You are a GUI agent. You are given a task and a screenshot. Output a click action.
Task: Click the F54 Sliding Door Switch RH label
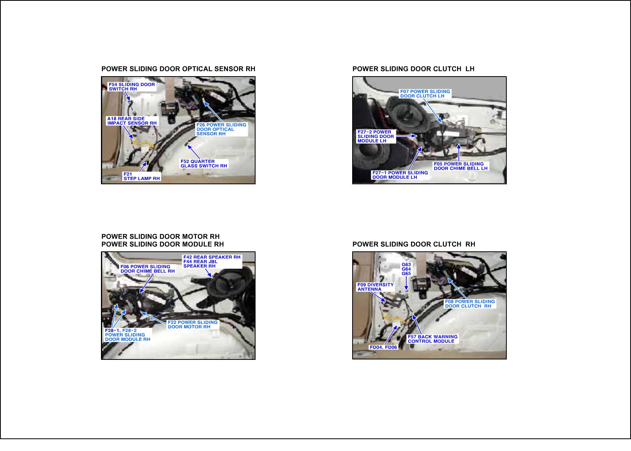(132, 86)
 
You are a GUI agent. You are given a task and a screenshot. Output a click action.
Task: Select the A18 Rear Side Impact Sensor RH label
(132, 121)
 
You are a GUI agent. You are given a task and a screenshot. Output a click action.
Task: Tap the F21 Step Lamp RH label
(142, 176)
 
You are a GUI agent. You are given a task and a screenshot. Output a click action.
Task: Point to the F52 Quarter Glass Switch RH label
(203, 163)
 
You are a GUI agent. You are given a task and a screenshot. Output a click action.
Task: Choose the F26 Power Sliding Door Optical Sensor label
(221, 129)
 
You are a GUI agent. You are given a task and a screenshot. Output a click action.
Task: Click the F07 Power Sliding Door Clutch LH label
(425, 94)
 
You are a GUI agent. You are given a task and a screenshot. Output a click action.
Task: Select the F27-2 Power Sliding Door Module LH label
(376, 137)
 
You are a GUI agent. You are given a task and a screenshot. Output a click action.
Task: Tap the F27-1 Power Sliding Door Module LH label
(400, 175)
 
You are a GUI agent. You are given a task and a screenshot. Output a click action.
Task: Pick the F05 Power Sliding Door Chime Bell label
(461, 166)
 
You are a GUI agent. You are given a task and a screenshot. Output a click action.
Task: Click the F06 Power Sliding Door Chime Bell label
(147, 269)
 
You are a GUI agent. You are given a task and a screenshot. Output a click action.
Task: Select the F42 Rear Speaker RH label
(212, 257)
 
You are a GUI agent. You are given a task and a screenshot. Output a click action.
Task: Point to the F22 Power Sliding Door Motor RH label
(193, 324)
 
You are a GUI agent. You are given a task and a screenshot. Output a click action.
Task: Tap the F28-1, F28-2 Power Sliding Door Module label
(128, 335)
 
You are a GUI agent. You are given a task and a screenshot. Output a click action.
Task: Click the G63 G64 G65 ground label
(406, 269)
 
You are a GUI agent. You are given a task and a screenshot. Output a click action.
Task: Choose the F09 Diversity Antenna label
(375, 287)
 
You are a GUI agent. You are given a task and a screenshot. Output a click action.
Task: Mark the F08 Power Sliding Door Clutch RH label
(470, 303)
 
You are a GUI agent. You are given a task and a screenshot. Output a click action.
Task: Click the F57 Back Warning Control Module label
(433, 339)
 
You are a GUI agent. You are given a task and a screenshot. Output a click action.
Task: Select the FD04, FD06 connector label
(383, 347)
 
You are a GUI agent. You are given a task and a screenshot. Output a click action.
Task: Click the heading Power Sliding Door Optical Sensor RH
(178, 69)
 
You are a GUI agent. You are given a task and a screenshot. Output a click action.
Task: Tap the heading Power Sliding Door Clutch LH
(414, 69)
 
